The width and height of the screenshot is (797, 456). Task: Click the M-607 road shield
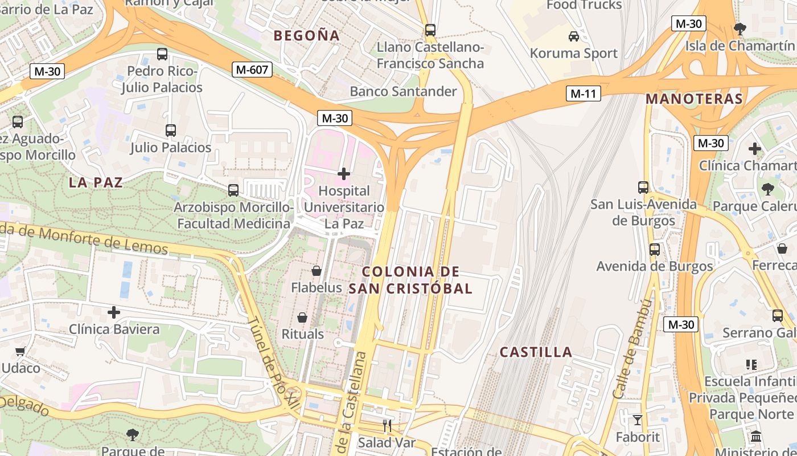253,70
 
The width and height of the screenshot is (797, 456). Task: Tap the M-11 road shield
584,94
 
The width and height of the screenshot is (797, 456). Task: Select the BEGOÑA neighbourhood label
307,35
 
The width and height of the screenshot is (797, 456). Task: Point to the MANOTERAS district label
694,99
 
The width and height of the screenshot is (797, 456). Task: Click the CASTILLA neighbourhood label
536,352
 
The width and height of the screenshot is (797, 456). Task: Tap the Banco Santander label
403,91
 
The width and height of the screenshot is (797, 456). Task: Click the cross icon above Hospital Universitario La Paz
344,173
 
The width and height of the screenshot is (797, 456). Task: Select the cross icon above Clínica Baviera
114,312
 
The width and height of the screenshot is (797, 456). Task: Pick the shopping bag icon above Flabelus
317,271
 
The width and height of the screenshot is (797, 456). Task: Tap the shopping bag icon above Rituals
302,317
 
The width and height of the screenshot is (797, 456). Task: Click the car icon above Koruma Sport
574,36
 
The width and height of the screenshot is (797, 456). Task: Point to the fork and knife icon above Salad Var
387,425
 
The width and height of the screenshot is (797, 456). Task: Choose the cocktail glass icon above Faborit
637,420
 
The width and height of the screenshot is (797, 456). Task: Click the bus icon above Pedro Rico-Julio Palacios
162,54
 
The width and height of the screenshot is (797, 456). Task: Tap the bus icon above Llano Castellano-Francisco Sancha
430,30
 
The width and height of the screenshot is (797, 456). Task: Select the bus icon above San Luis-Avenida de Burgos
643,187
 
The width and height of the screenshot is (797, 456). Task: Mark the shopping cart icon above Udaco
20,351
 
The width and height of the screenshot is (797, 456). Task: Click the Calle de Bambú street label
631,349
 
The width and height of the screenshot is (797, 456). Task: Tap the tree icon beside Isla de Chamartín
740,28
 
